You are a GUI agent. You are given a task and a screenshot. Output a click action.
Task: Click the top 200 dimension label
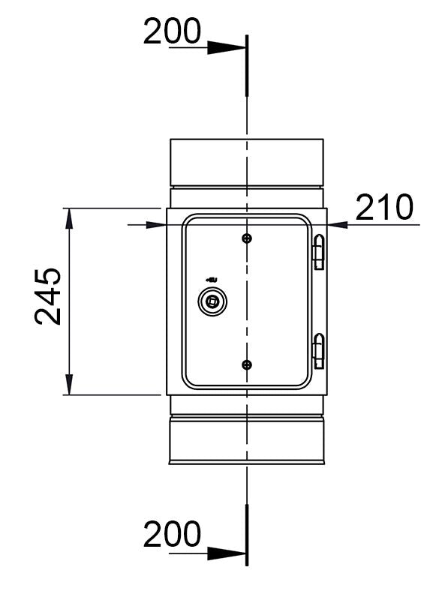(x=172, y=31)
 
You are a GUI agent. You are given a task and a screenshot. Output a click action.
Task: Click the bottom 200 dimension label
(x=172, y=534)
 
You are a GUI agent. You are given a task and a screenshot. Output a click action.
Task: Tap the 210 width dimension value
(x=384, y=207)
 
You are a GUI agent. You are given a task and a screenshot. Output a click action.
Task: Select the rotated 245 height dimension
(x=48, y=296)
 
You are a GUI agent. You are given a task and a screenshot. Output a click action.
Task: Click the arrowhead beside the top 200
(x=226, y=48)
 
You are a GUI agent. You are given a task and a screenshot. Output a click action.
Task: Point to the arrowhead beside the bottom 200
(x=226, y=553)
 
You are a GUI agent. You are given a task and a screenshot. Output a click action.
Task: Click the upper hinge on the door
(x=319, y=252)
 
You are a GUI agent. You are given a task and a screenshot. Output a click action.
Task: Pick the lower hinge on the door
(x=319, y=351)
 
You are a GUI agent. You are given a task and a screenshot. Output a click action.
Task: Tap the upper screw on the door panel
(x=247, y=238)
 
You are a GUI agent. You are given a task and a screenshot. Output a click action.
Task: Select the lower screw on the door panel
(x=247, y=364)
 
